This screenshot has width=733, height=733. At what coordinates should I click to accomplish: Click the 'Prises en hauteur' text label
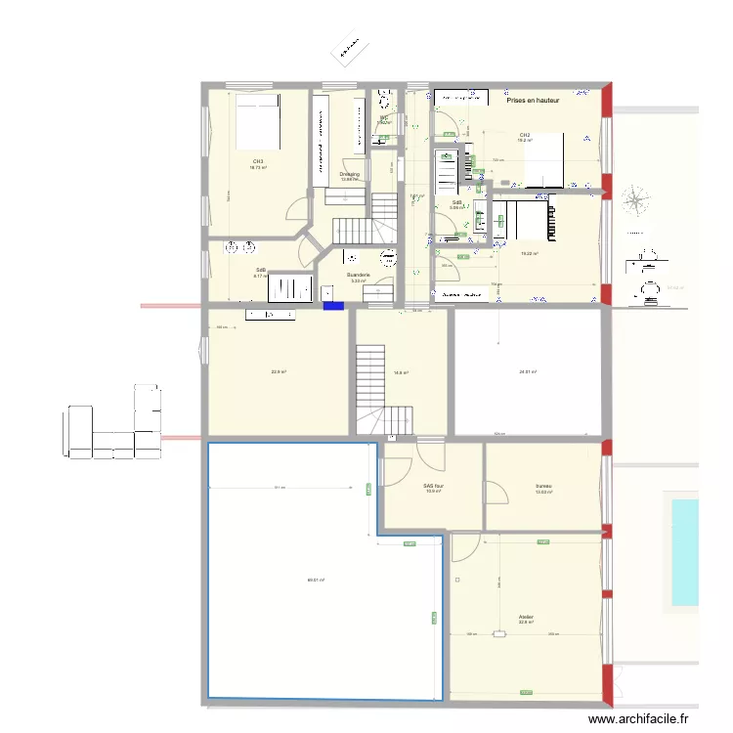pyautogui.click(x=534, y=101)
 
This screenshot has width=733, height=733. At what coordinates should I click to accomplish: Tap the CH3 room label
pyautogui.click(x=258, y=161)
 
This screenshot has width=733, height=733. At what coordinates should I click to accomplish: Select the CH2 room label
pyautogui.click(x=525, y=135)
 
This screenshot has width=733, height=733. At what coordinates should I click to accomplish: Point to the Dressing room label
pyautogui.click(x=349, y=174)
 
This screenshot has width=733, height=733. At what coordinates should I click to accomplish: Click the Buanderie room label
pyautogui.click(x=359, y=276)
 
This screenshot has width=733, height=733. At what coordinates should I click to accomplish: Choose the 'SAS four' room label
pyautogui.click(x=433, y=486)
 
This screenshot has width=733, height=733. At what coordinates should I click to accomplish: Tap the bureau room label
pyautogui.click(x=543, y=486)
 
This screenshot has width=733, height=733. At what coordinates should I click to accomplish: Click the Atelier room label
pyautogui.click(x=527, y=617)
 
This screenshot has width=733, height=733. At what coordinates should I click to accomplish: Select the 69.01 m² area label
pyautogui.click(x=315, y=581)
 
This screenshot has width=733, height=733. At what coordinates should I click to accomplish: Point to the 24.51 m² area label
pyautogui.click(x=527, y=371)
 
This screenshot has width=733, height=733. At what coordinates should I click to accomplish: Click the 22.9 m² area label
pyautogui.click(x=278, y=371)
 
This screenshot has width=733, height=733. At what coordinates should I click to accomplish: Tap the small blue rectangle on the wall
pyautogui.click(x=334, y=306)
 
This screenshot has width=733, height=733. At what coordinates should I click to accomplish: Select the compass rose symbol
pyautogui.click(x=637, y=202)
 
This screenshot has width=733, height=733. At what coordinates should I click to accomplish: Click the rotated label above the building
pyautogui.click(x=349, y=51)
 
